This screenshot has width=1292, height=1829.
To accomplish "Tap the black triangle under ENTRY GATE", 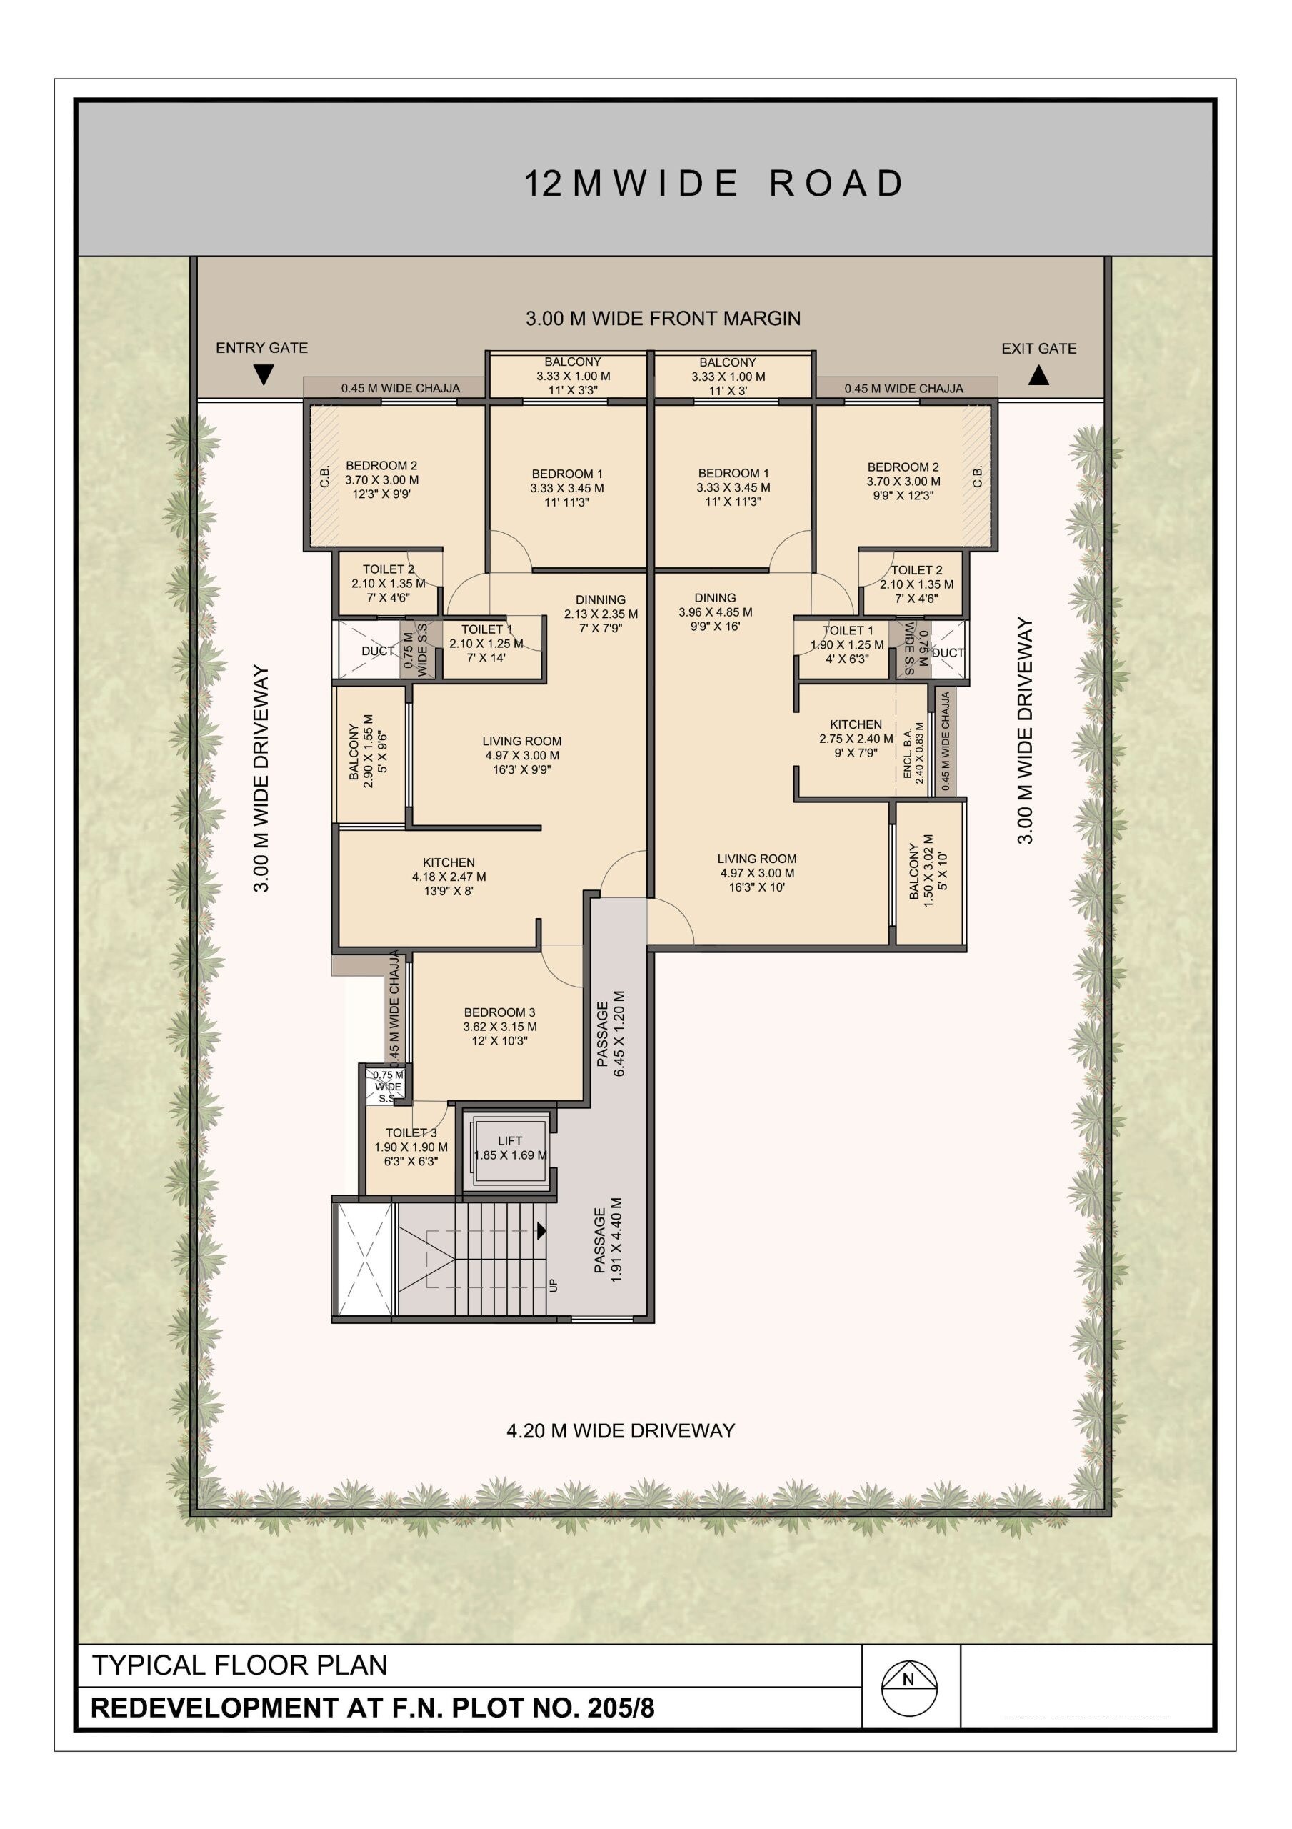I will coord(264,374).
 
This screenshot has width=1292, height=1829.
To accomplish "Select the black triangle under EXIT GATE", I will coord(1038,375).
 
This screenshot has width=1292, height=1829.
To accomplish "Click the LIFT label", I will coord(510,1141).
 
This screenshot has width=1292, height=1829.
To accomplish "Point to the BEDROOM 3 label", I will coord(499,1012).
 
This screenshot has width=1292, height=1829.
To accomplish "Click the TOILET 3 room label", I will coord(411,1133).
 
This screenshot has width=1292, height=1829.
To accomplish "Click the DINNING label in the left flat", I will coord(601,600).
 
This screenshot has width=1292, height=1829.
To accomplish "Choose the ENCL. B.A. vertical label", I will coord(908,752).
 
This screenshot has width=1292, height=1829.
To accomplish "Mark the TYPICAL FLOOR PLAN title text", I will coord(240,1665).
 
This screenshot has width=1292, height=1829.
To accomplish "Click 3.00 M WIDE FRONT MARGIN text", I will coord(663,319).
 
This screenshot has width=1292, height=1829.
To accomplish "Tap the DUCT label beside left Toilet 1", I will coord(377,651).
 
